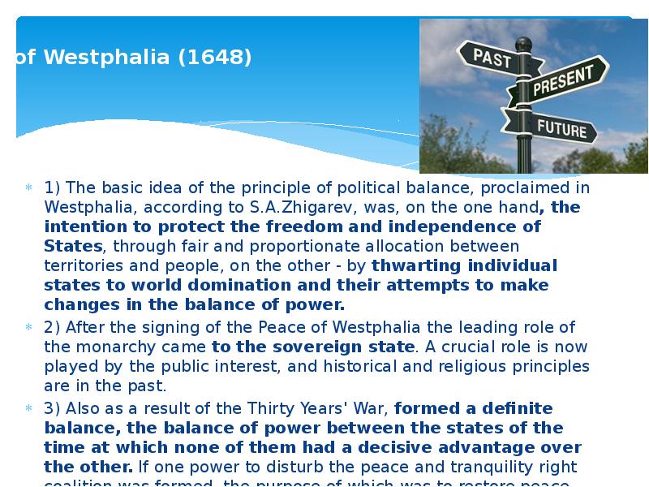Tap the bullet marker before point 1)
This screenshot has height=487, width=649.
[x=28, y=188]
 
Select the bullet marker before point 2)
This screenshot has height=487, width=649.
[x=28, y=328]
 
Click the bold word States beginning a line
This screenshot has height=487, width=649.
[x=73, y=246]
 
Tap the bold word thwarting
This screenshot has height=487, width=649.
[x=414, y=265]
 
